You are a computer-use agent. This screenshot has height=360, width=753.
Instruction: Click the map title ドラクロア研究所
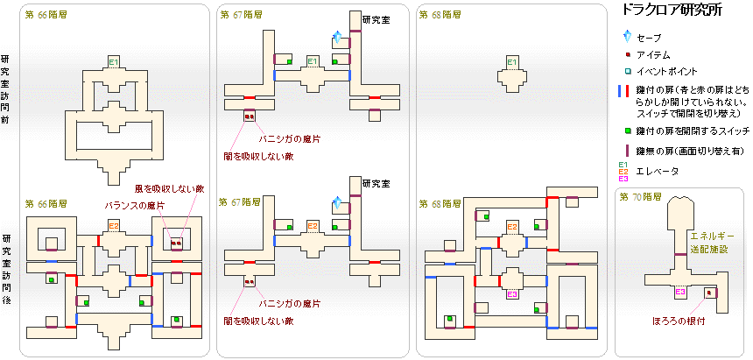671,11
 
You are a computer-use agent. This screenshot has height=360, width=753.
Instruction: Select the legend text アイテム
652,55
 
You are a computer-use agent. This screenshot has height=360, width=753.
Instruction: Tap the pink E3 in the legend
623,179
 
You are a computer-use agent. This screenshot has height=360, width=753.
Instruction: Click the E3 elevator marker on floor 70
680,291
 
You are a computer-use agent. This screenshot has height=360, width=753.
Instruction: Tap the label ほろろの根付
680,321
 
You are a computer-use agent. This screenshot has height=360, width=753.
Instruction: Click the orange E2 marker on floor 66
114,228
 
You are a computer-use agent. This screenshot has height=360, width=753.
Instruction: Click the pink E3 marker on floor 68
512,294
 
